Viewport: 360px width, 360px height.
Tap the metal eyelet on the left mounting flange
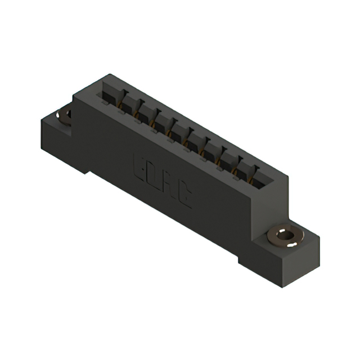(x=65, y=115)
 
